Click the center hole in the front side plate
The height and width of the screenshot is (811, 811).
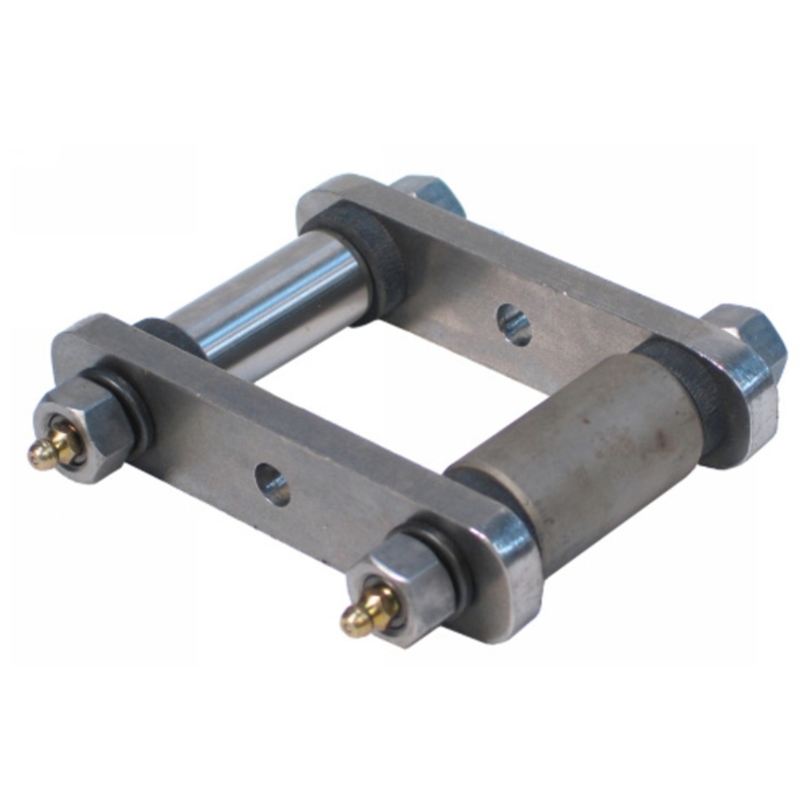pyautogui.click(x=272, y=484)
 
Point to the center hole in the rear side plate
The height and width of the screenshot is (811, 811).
pyautogui.click(x=513, y=324)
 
